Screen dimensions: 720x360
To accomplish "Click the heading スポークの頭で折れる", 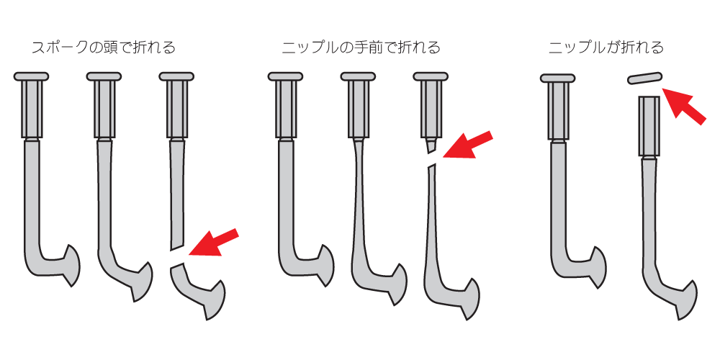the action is [103, 48].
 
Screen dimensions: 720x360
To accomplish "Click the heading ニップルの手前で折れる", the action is [361, 48].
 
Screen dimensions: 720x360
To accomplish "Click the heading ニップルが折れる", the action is [606, 48].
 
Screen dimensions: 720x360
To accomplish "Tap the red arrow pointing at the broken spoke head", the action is [214, 241].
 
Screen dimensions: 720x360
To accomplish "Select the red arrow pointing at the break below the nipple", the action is [467, 144].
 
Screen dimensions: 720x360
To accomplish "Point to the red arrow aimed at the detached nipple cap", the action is [684, 106].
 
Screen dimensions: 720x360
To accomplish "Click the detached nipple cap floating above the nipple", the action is [644, 78].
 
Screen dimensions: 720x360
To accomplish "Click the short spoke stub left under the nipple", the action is [431, 146].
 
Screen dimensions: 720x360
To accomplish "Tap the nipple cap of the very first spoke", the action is [31, 76].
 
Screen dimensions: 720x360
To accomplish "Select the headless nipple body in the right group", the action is [649, 126].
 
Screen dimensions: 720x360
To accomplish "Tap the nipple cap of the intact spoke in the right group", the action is [558, 78].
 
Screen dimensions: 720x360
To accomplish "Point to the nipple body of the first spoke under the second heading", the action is [285, 109].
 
